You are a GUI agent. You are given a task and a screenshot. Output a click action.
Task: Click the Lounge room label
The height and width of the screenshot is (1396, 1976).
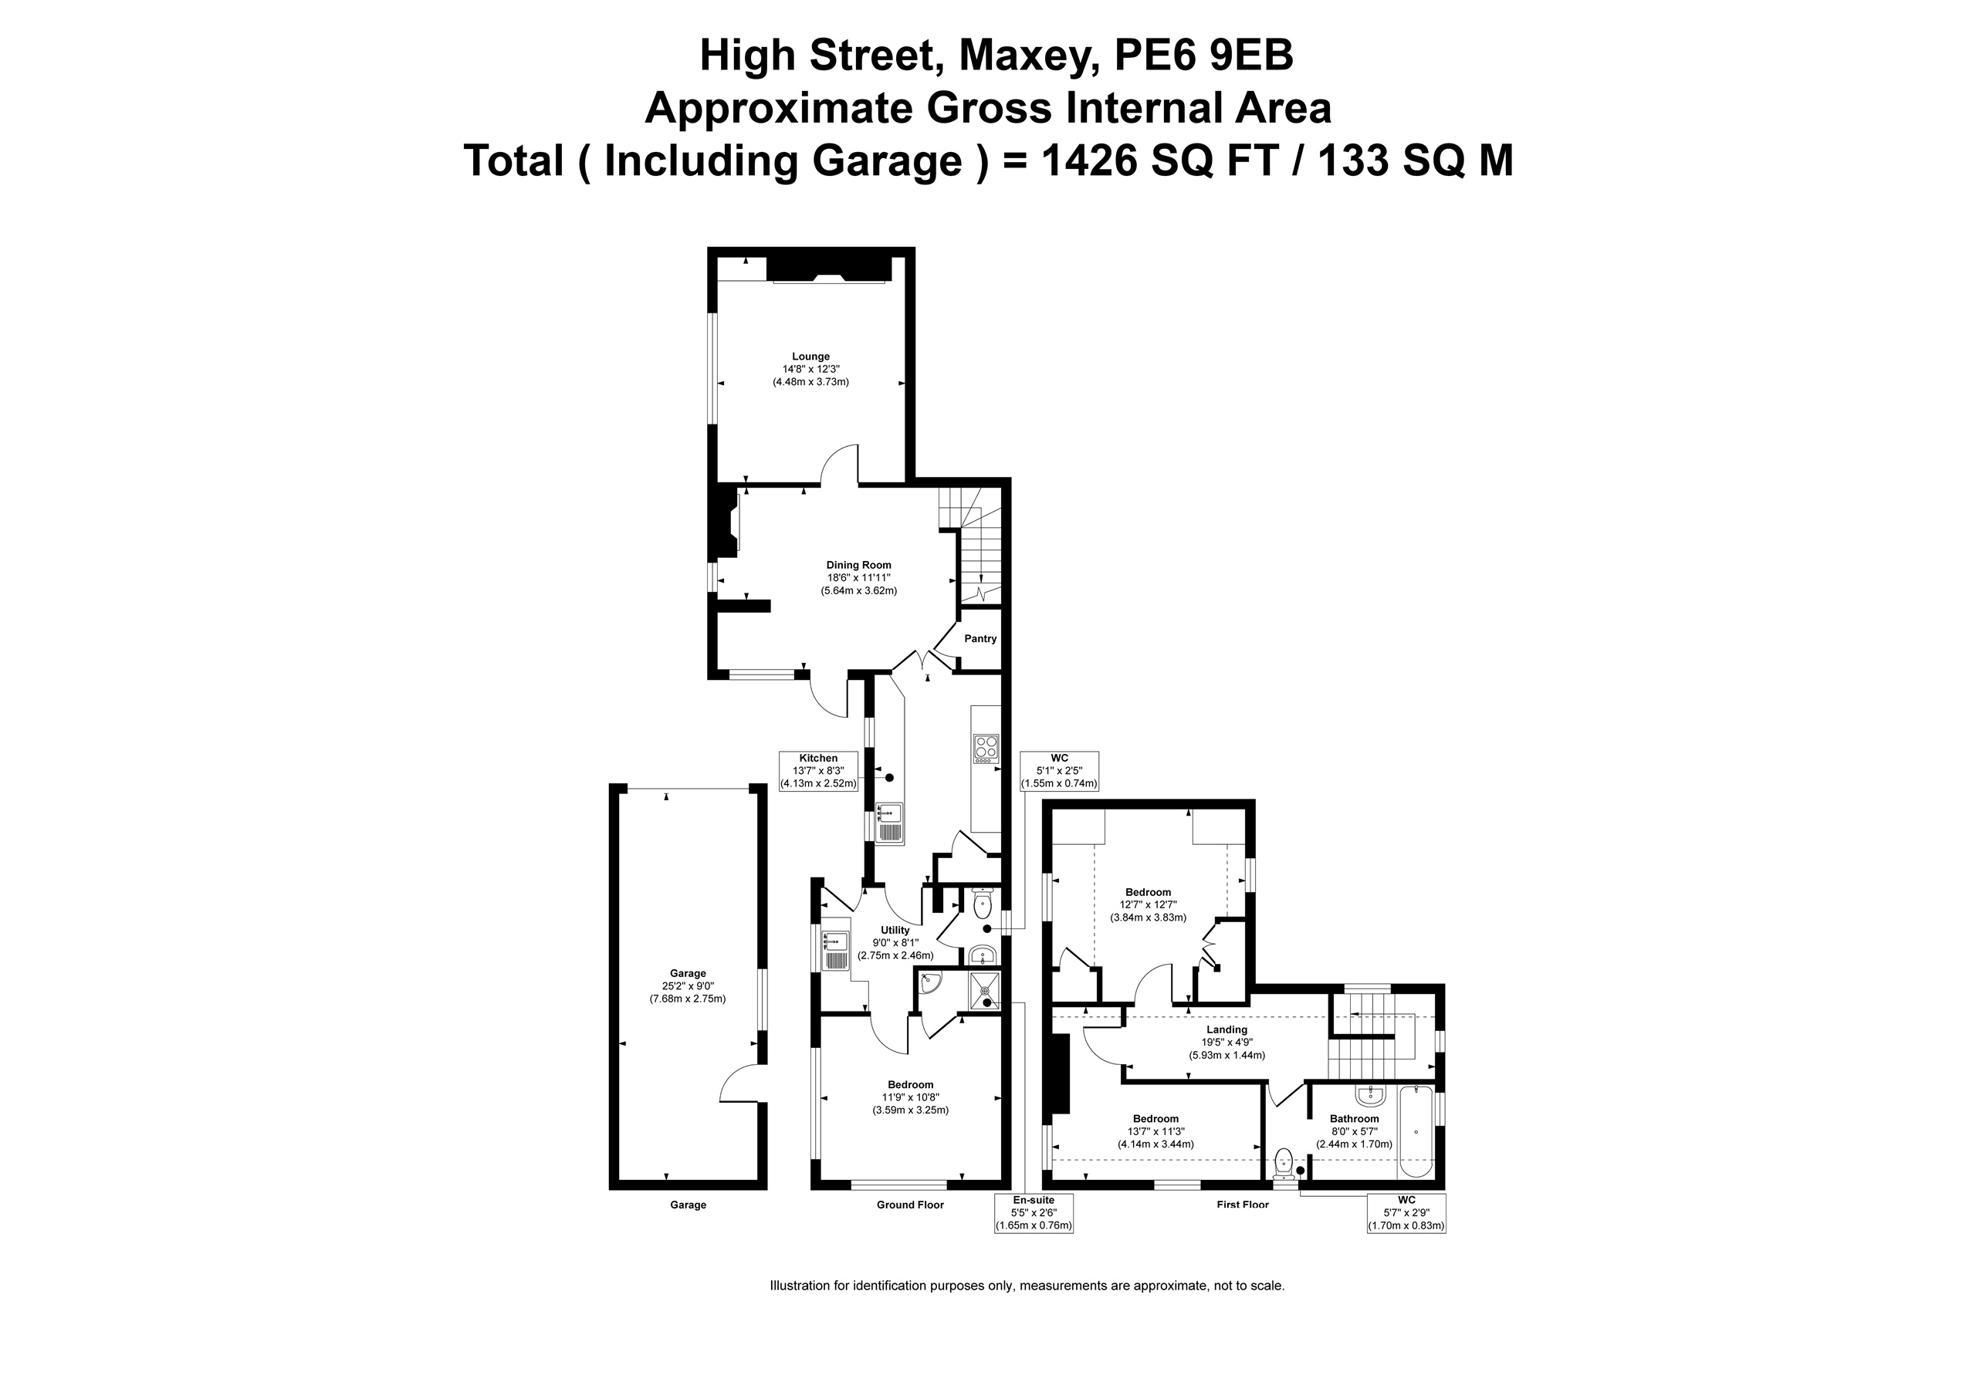coord(810,357)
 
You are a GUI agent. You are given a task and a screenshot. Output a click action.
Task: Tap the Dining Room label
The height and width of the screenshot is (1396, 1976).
coord(859,566)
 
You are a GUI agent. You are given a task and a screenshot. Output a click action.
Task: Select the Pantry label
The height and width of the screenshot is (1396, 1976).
coord(980,639)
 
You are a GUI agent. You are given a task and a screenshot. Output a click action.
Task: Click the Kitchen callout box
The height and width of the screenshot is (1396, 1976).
coord(818,771)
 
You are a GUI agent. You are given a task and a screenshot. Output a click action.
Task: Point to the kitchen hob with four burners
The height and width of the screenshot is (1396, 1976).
coord(986,749)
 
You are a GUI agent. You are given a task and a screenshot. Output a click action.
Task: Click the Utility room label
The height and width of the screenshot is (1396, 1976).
coord(895,931)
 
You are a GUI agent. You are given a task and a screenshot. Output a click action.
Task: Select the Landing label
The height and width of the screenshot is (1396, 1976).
coord(1227,1029)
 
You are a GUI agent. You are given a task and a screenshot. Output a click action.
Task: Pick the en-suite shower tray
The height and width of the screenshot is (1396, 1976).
coord(986,992)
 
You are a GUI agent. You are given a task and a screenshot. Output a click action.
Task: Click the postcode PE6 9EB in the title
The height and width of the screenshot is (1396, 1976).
coord(1204,56)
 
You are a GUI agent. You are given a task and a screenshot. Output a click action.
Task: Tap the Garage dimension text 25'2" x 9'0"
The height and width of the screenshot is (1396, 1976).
coord(688,986)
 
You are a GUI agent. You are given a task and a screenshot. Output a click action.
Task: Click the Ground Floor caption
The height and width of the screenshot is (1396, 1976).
coord(911,1205)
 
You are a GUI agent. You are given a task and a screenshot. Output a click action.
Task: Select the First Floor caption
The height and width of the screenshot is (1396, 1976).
coord(1243,1205)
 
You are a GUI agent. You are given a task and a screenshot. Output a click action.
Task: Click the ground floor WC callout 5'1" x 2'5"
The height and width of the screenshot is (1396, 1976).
coord(1060,771)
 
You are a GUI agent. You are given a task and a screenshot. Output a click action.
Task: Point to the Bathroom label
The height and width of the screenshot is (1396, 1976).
coord(1354,1119)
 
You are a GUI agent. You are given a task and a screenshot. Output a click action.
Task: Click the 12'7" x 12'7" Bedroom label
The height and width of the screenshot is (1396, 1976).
coord(1148,904)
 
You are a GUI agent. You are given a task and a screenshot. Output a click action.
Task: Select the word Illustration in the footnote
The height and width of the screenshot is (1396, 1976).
coord(800,1286)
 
